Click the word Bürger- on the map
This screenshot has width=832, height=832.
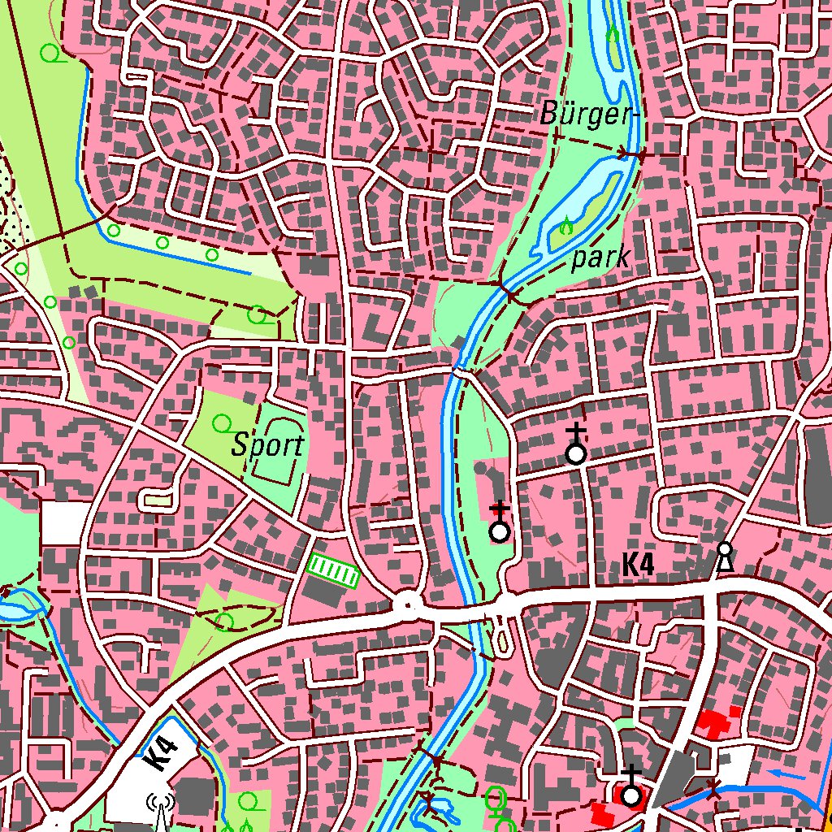(586, 115)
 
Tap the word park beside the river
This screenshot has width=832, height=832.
(601, 259)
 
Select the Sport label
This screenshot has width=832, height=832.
(267, 445)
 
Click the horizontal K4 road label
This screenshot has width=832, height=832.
(639, 565)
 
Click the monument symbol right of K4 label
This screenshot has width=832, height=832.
(724, 557)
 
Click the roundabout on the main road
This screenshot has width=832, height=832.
(408, 604)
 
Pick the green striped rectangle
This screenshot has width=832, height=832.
(333, 571)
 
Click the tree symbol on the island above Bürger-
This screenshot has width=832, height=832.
(612, 36)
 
